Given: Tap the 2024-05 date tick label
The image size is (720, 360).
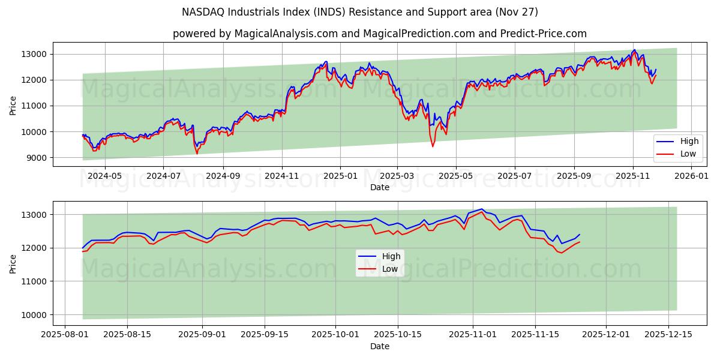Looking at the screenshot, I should point(105,176).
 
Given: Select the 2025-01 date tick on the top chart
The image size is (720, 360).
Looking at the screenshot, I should point(340,176).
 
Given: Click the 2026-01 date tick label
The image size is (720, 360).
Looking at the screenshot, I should point(691,176).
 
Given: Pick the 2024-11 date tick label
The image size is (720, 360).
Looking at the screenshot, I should point(281,176).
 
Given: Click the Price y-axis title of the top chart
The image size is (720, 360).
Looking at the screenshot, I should point(13,106).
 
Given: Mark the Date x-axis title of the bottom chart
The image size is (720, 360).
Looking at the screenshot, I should point(379,346).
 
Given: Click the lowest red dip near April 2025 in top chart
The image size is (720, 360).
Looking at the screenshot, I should point(433,146).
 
